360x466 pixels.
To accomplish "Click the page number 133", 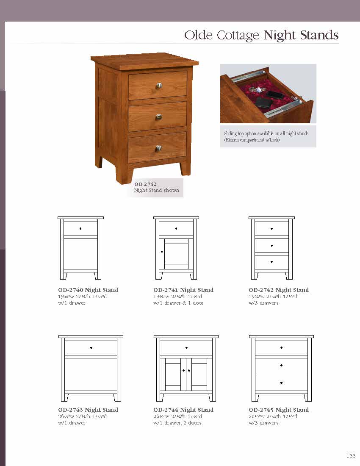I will coord(351,456).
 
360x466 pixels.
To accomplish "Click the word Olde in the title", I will coord(199,35).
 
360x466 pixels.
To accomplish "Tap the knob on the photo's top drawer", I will coord(159,86).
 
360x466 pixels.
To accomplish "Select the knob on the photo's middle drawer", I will coord(158,116).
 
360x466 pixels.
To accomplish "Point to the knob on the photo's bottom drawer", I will coord(158,148).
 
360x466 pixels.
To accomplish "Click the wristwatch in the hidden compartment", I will coord(256,89).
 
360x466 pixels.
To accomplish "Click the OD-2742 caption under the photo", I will coord(145,184).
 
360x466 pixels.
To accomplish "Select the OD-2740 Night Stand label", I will coord(88,290).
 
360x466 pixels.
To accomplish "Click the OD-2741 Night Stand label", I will coord(183,290).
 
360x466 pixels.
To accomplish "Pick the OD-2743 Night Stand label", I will coord(88,410).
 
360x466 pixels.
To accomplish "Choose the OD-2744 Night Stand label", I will coord(183,410).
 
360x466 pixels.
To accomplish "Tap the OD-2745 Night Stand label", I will coord(279,410).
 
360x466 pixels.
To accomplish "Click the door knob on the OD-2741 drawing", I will coord(162,252).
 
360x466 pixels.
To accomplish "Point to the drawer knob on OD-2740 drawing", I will coord(80,229).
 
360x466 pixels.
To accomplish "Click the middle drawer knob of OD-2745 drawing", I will coord(282,365).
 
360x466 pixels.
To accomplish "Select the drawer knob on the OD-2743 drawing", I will coord(91,348).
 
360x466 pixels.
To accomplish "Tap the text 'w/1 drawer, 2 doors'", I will coord(177,423).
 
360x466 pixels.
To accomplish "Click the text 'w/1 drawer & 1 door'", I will coord(178,303).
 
